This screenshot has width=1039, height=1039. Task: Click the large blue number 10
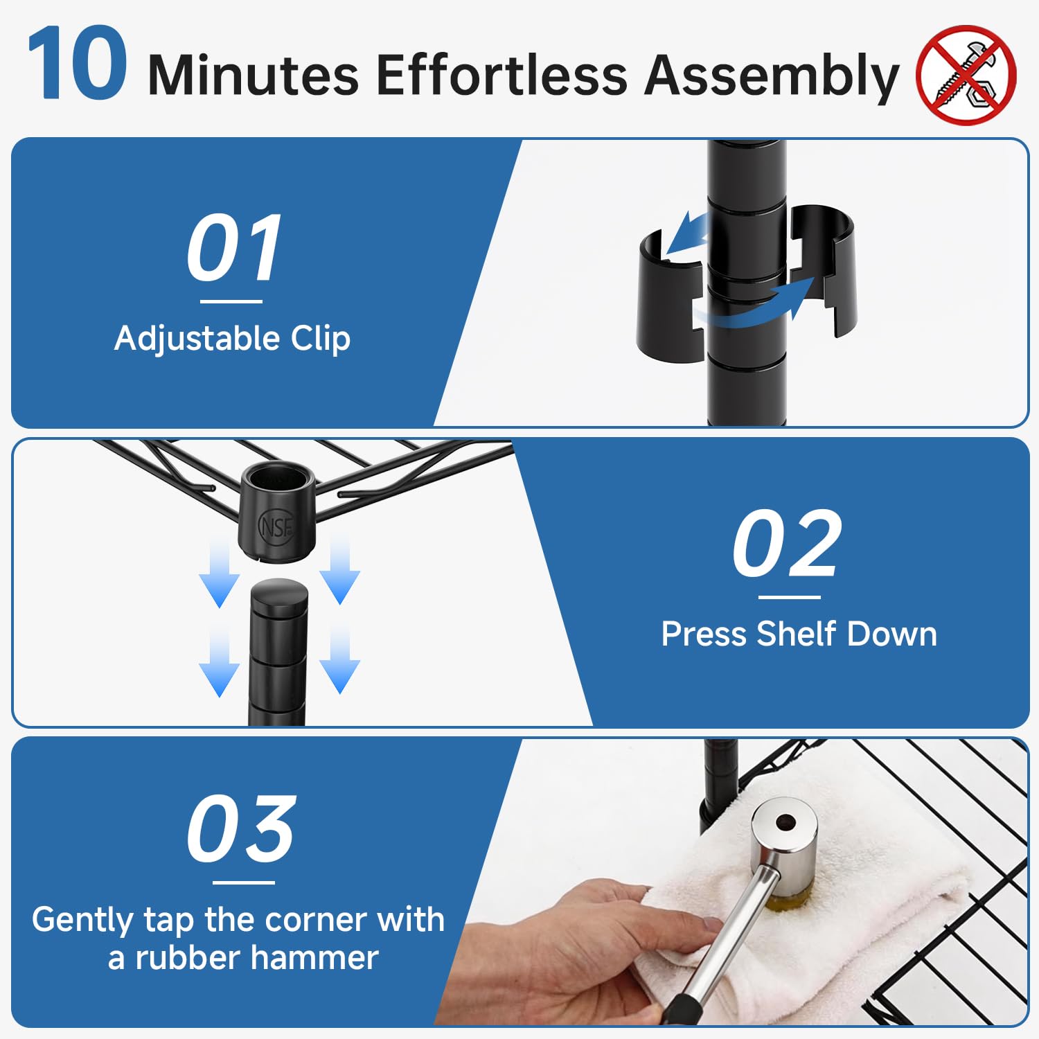point(77,63)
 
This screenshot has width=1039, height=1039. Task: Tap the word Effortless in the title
point(501,74)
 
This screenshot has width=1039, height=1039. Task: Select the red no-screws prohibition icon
point(966,75)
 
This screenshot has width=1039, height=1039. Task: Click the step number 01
point(234,247)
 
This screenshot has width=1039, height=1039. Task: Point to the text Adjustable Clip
point(233,339)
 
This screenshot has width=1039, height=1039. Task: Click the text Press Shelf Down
point(799,634)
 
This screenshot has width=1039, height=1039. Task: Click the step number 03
point(242,828)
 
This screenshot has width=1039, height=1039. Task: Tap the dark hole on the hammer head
point(785,823)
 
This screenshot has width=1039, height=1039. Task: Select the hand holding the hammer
point(568,949)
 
